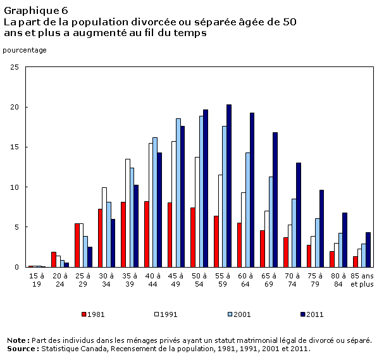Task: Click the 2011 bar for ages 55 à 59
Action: (x=229, y=185)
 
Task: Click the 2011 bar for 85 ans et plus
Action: (x=368, y=249)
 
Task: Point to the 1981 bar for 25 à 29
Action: (x=77, y=245)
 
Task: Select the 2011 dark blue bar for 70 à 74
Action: (x=298, y=214)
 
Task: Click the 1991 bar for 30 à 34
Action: (x=104, y=227)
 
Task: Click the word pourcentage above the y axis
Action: (x=25, y=49)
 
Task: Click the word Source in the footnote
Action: (x=21, y=348)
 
